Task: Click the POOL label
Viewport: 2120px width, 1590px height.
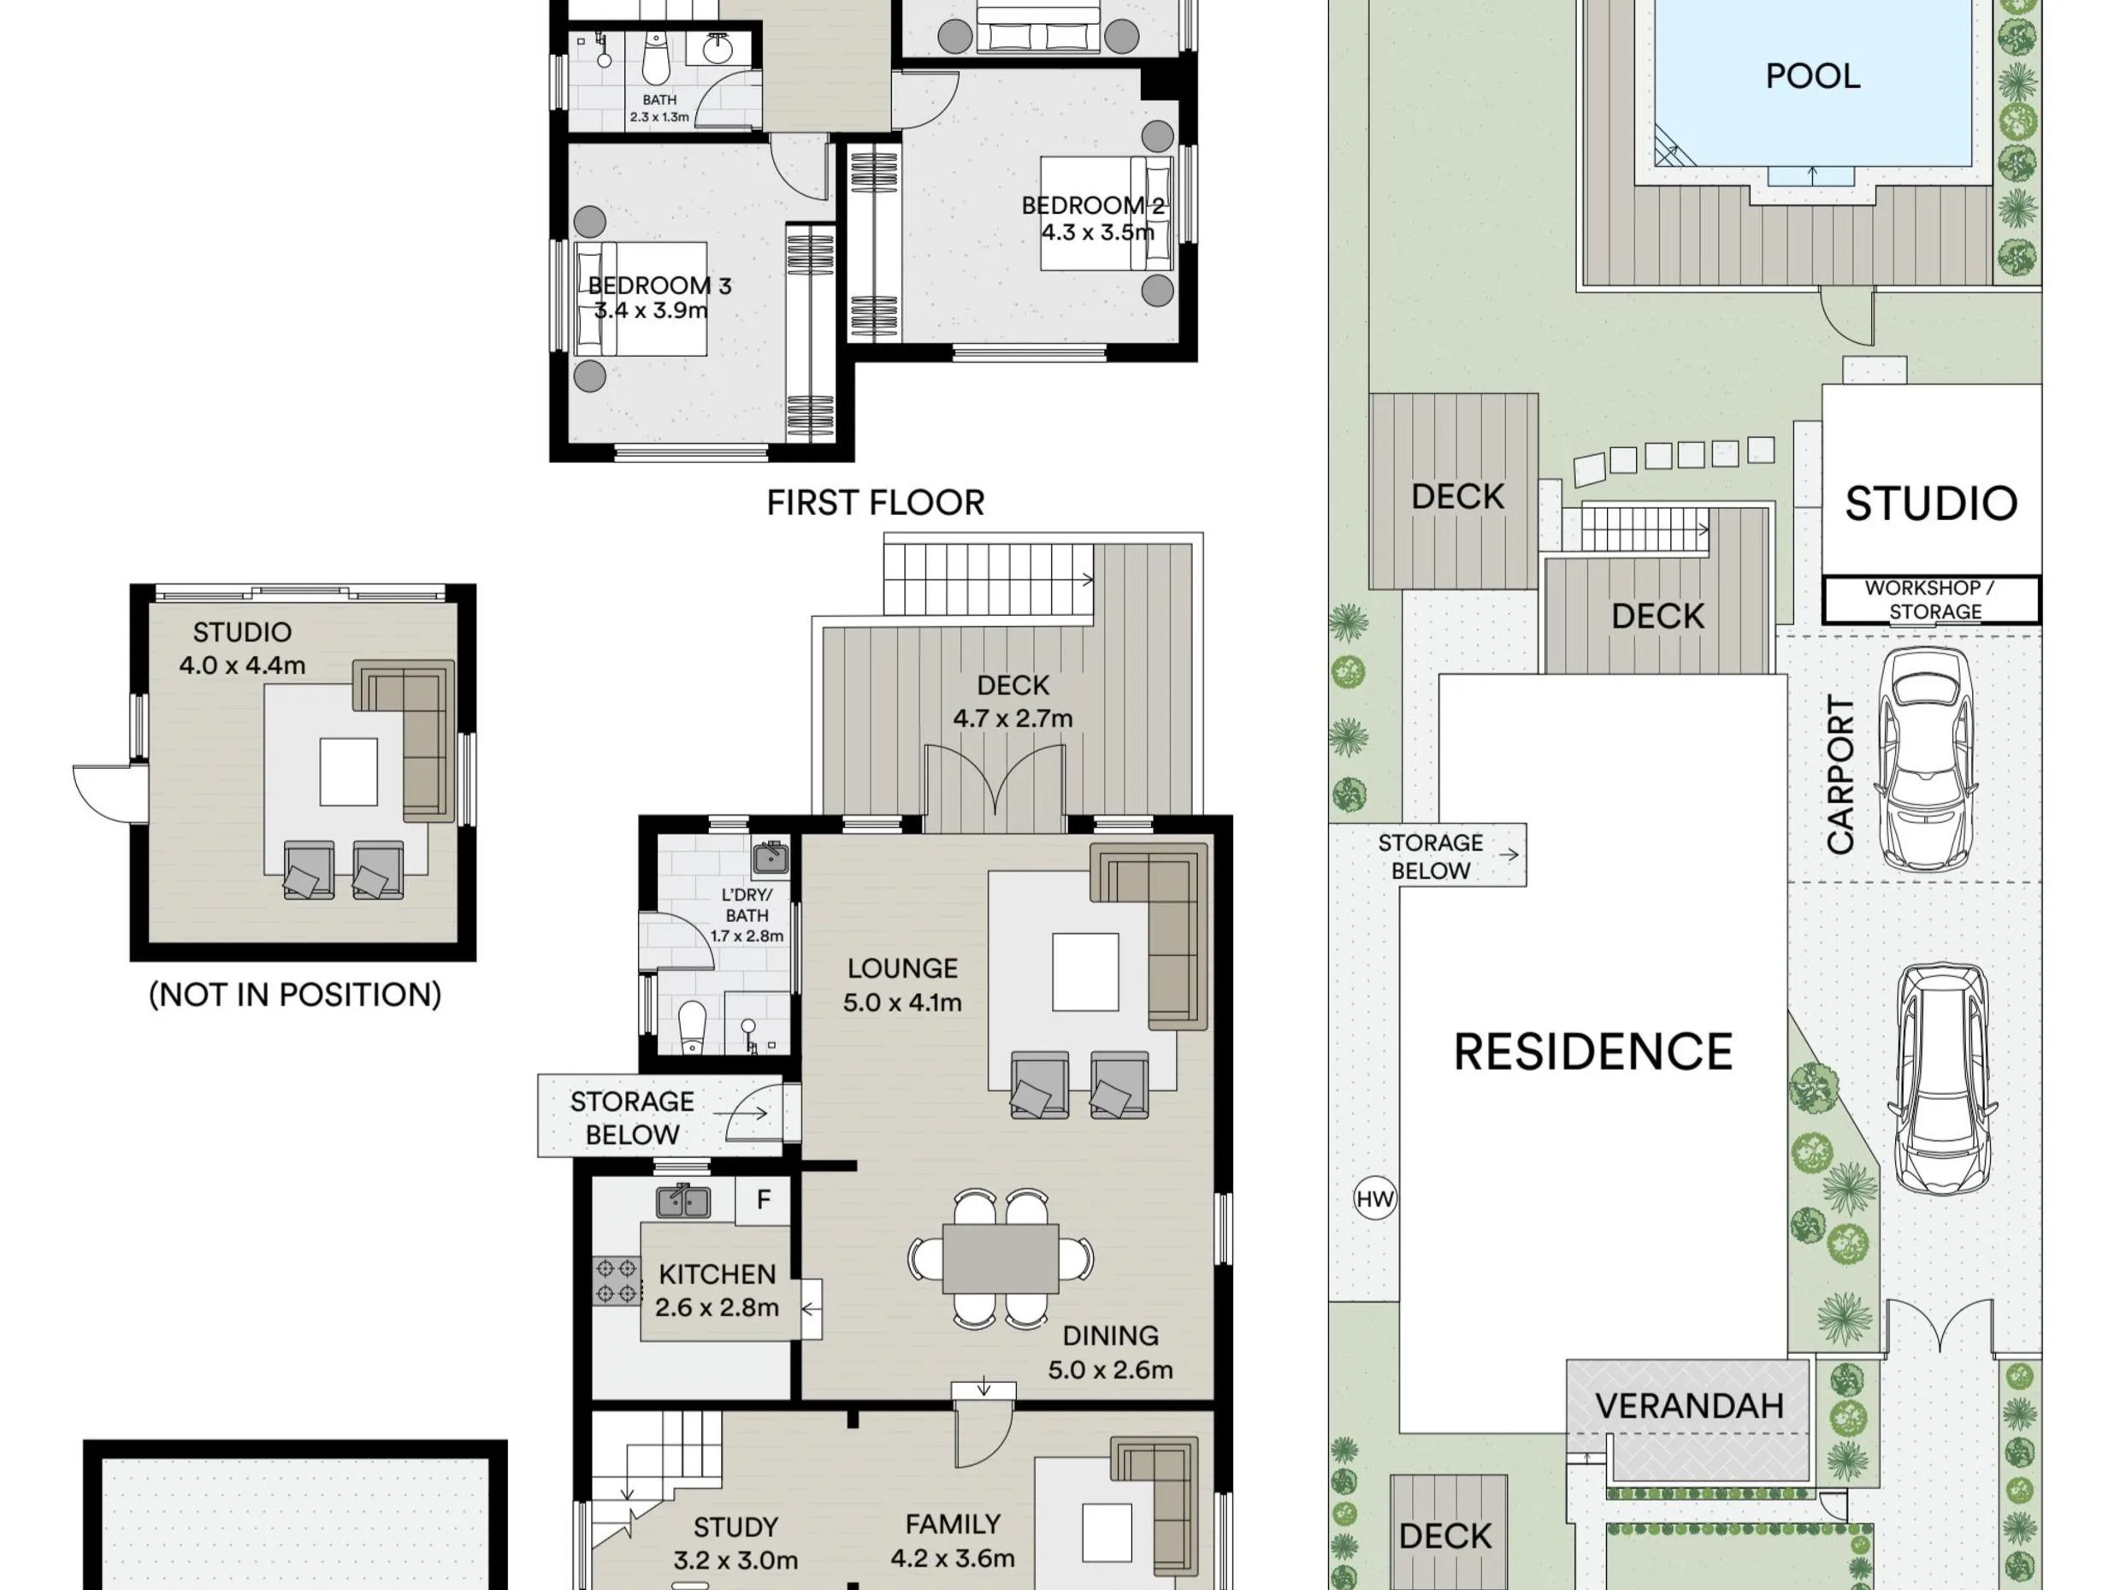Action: [1812, 76]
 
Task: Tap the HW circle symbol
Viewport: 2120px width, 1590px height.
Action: [1375, 1198]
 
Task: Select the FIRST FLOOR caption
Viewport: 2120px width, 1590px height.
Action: [875, 502]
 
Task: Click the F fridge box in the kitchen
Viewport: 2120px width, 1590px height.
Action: [763, 1200]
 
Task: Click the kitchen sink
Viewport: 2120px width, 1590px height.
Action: [683, 1201]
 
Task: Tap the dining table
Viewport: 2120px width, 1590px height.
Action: [1001, 1258]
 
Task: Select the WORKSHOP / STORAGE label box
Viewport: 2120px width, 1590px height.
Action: [1931, 600]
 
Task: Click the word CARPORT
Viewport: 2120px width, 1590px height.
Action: [1840, 774]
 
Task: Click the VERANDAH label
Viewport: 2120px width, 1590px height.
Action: [1689, 1406]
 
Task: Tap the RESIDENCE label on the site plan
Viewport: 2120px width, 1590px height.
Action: [1593, 1051]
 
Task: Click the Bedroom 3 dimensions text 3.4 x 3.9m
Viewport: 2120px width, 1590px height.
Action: [651, 310]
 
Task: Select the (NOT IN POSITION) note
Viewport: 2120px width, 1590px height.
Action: [295, 995]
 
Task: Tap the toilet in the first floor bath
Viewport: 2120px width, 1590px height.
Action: [657, 59]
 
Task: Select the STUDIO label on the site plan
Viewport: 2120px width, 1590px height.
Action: [1931, 503]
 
